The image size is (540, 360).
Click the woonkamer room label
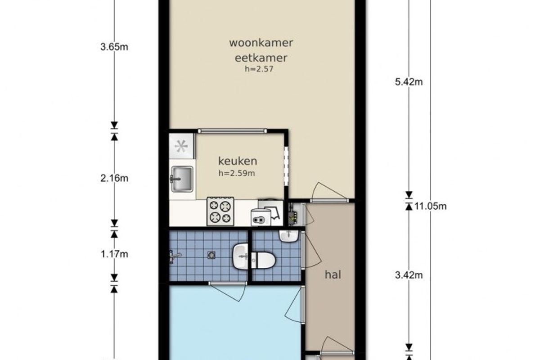point(261,43)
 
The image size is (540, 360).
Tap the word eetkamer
point(261,58)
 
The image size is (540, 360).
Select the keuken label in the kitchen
point(238,161)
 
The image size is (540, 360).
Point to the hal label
point(333,274)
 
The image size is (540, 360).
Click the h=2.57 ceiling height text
point(259,69)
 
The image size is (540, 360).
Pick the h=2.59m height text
point(237,173)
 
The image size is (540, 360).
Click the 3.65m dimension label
point(114,47)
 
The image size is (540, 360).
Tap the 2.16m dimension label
point(114,179)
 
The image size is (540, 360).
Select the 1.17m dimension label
point(114,254)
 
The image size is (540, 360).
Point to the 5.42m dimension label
point(409,82)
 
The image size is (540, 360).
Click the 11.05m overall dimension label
point(430,207)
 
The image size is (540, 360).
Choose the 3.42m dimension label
point(409,275)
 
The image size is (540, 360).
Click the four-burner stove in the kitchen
point(220,211)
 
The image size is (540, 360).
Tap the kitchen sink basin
point(182,179)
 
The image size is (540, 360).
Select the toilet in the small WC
point(263,261)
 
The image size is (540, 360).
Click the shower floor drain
point(211,255)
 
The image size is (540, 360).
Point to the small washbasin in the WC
point(289,236)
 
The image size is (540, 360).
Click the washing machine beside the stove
point(261,217)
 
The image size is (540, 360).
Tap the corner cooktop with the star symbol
point(181,146)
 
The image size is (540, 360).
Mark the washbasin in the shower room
point(240,256)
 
